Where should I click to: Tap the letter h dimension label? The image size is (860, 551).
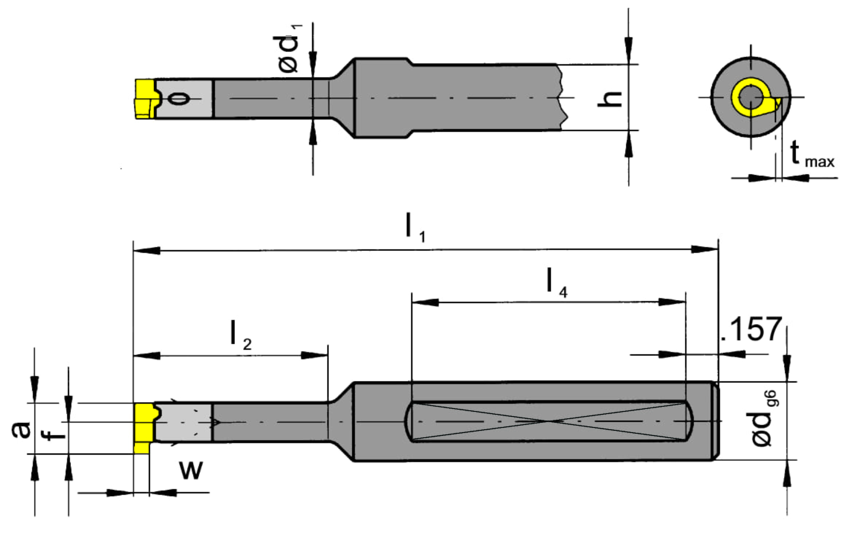[609, 98]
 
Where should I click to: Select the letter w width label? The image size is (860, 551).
[191, 470]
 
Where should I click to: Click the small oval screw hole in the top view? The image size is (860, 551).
[180, 98]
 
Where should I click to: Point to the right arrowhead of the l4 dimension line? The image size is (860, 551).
[672, 302]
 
